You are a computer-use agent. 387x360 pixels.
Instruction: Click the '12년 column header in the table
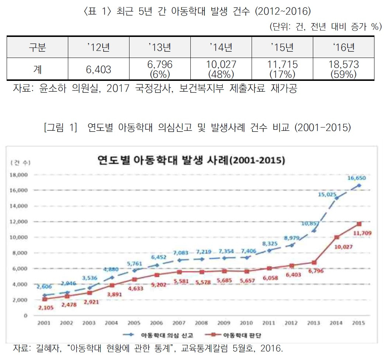(99, 48)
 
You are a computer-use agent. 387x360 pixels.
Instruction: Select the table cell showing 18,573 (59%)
(343, 69)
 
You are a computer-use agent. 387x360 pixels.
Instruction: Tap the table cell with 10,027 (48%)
(221, 69)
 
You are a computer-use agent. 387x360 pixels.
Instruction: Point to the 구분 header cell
(37, 48)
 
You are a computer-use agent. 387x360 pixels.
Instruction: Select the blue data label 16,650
(356, 178)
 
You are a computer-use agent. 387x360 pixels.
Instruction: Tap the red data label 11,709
(364, 233)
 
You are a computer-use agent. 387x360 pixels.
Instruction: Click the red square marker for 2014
(337, 237)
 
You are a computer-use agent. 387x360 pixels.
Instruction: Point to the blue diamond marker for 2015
(359, 185)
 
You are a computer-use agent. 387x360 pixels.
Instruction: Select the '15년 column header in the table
(282, 48)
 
